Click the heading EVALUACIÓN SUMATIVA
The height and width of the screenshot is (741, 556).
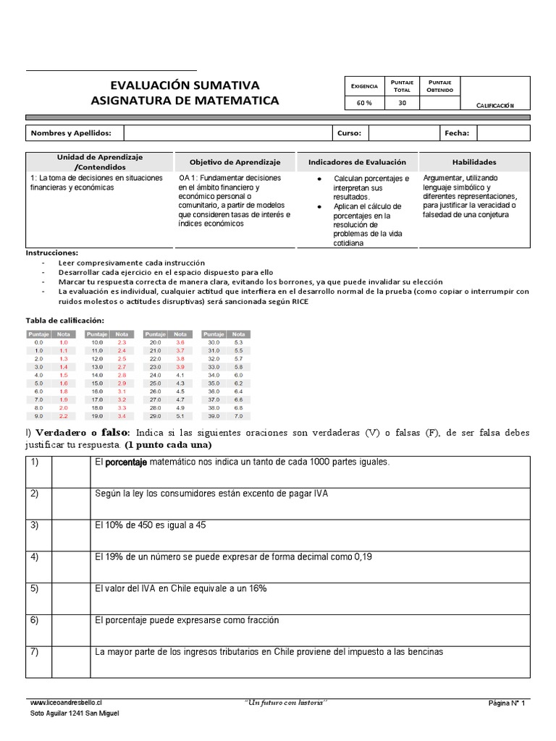pyautogui.click(x=185, y=85)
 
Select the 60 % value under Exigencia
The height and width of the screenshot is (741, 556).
pyautogui.click(x=364, y=103)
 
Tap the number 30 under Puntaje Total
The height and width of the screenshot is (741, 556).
pyautogui.click(x=403, y=103)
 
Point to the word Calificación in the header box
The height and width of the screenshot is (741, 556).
pyautogui.click(x=494, y=106)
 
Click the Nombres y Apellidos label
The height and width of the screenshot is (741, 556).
pyautogui.click(x=71, y=133)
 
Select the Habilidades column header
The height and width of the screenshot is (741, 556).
pyautogui.click(x=474, y=162)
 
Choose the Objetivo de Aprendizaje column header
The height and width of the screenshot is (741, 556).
pyautogui.click(x=235, y=162)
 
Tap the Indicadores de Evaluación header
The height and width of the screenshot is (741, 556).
pyautogui.click(x=357, y=162)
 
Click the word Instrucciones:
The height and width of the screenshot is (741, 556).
pyautogui.click(x=52, y=253)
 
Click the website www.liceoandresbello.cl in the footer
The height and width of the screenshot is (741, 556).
pyautogui.click(x=67, y=703)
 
